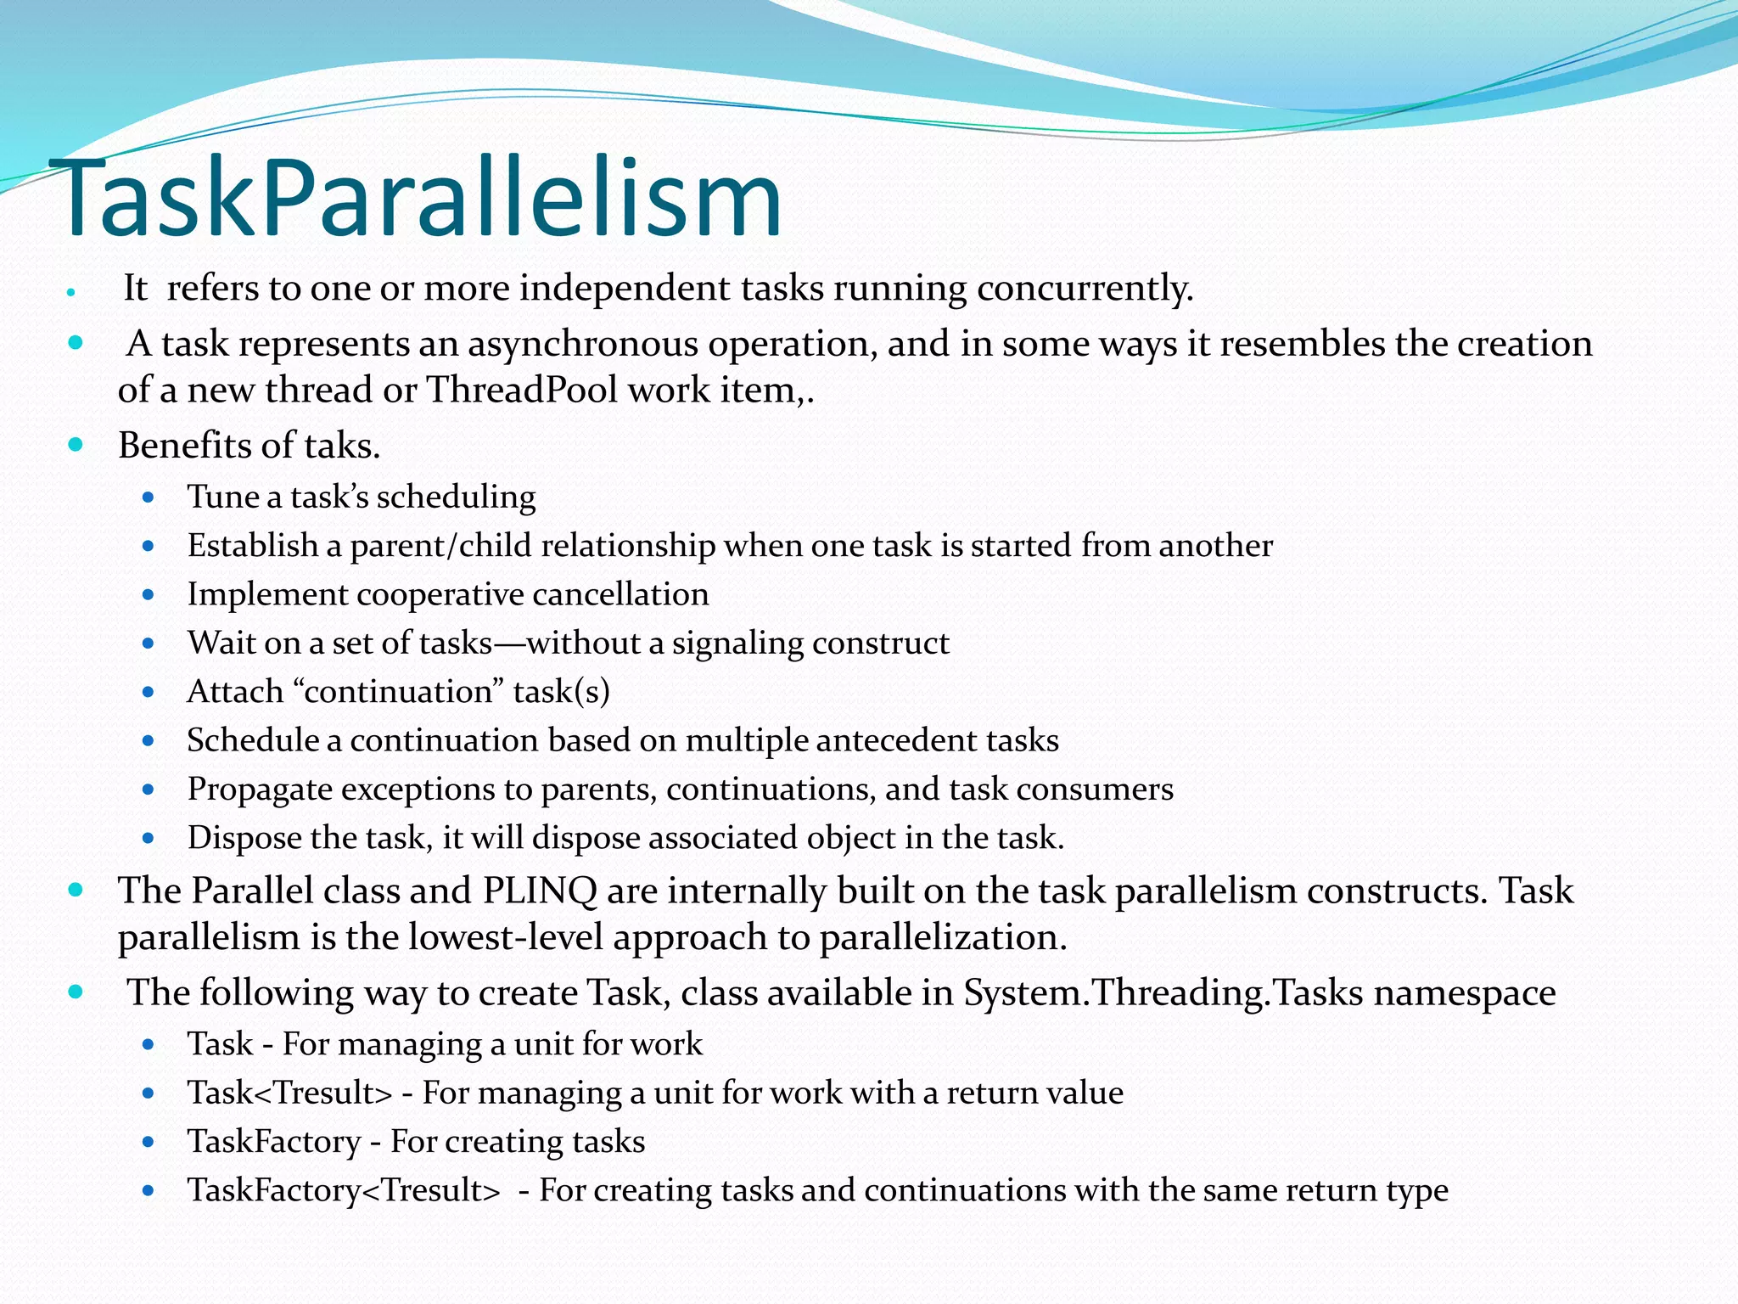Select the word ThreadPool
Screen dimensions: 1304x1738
tap(521, 391)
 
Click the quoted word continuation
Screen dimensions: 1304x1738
tap(398, 692)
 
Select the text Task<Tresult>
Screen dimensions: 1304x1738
tap(290, 1093)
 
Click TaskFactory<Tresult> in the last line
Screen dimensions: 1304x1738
tap(344, 1190)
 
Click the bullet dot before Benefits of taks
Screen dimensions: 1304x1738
tap(76, 444)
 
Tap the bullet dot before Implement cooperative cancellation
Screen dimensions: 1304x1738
tap(149, 594)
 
